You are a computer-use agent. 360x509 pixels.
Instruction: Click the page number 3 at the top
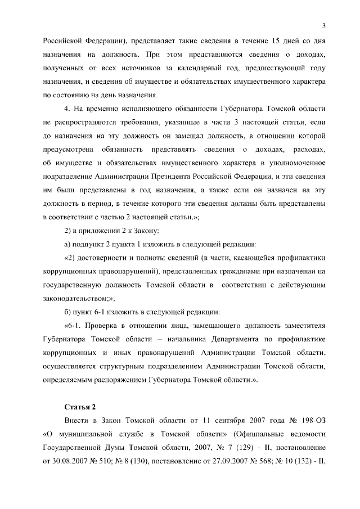pos(325,25)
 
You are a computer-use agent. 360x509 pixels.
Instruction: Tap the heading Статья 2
pos(79,407)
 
